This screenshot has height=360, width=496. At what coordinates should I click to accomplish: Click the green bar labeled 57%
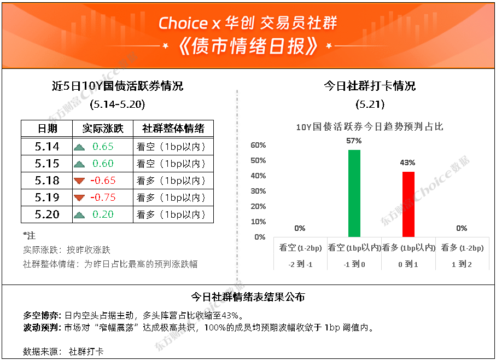354,193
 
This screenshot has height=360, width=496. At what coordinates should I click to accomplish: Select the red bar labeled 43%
409,205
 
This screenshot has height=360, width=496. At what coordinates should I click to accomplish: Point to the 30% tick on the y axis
258,191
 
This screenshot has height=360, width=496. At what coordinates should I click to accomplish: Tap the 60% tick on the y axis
258,145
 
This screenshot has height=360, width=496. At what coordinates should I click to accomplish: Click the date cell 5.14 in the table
47,147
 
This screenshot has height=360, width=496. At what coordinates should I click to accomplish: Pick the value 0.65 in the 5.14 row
103,147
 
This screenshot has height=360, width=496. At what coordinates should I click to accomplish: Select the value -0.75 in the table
103,198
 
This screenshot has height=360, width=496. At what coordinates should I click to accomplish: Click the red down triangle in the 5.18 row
79,181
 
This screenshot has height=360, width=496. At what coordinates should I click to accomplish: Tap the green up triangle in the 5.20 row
79,215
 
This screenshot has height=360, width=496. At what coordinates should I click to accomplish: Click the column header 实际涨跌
103,129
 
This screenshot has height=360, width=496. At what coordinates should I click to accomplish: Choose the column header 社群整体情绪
173,129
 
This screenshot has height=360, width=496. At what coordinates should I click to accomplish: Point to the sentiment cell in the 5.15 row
171,164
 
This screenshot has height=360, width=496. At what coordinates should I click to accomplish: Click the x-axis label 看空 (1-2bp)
300,248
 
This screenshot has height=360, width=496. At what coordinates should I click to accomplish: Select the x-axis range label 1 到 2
462,264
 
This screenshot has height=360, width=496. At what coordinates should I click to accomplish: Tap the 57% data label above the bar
354,141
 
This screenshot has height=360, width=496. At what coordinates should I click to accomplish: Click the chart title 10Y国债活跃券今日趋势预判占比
370,127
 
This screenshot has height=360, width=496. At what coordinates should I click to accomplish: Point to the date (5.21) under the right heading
370,104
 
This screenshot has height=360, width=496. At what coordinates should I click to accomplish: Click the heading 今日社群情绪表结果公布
248,297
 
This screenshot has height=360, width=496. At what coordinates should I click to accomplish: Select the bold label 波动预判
42,327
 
